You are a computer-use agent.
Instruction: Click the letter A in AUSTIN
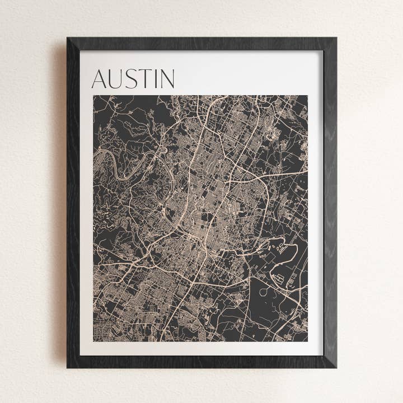tap(100, 79)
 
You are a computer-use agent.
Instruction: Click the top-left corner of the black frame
tap(68, 38)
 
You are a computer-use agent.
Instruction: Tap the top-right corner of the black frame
tap(336, 38)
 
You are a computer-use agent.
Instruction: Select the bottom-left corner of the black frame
tap(68, 367)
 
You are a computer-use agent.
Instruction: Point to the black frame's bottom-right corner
tap(336, 367)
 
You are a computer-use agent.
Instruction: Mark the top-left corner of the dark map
tap(93, 96)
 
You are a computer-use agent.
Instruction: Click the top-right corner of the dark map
tap(307, 96)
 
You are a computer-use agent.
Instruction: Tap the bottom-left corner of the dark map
tap(93, 341)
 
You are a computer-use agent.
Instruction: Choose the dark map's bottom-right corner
tap(307, 341)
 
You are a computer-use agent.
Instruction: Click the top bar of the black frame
tap(201, 44)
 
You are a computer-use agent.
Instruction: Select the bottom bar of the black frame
tap(201, 362)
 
